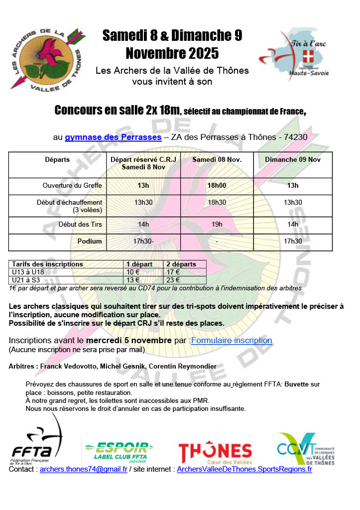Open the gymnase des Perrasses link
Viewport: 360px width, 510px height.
pyautogui.click(x=113, y=137)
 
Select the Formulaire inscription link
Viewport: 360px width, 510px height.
pyautogui.click(x=232, y=341)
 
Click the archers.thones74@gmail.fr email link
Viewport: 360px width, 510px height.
pyautogui.click(x=84, y=469)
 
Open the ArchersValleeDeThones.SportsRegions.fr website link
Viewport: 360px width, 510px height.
pyautogui.click(x=244, y=469)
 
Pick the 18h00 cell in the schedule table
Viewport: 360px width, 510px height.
pyautogui.click(x=217, y=186)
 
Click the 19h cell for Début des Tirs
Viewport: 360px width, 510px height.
pyautogui.click(x=217, y=225)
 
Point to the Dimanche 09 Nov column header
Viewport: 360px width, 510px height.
pyautogui.click(x=293, y=160)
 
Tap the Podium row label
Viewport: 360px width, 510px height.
pyautogui.click(x=90, y=242)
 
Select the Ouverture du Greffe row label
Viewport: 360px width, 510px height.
pyautogui.click(x=72, y=186)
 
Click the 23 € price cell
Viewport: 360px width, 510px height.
pyautogui.click(x=173, y=279)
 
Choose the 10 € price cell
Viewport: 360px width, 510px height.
pyautogui.click(x=133, y=272)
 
